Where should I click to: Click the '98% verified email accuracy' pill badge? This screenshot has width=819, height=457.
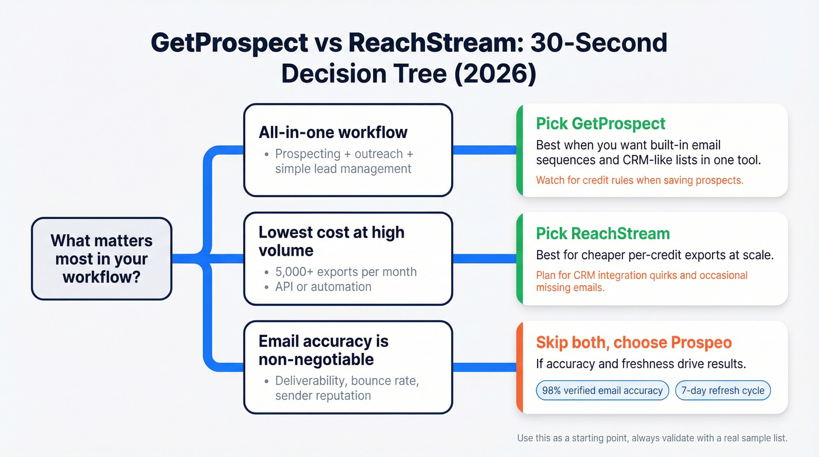click(x=602, y=391)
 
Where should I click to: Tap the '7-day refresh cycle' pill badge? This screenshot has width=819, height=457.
click(x=723, y=391)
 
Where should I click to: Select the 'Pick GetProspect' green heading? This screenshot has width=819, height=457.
click(x=601, y=123)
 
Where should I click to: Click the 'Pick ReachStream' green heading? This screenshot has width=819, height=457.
click(x=603, y=233)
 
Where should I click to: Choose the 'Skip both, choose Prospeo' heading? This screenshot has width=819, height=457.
click(x=634, y=342)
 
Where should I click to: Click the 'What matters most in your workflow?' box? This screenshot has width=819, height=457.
click(x=101, y=259)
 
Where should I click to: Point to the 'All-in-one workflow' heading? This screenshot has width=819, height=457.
click(x=333, y=132)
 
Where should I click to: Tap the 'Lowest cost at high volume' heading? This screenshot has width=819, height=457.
click(x=332, y=241)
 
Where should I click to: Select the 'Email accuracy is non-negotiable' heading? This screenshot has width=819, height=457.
click(x=324, y=350)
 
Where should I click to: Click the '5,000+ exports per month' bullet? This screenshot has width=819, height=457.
click(x=346, y=272)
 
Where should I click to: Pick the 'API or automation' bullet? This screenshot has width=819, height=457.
click(x=323, y=287)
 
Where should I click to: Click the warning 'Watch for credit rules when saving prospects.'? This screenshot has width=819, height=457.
click(x=639, y=180)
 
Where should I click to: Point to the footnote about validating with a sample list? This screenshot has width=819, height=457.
click(x=652, y=438)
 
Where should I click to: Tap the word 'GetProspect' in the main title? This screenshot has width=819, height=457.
click(x=229, y=43)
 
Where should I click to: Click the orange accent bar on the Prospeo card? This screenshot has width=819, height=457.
click(x=519, y=367)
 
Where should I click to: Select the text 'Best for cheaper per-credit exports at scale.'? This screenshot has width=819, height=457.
click(x=655, y=255)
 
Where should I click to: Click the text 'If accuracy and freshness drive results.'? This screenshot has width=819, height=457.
click(x=641, y=364)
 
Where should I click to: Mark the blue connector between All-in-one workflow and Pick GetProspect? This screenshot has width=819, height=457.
click(x=484, y=150)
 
